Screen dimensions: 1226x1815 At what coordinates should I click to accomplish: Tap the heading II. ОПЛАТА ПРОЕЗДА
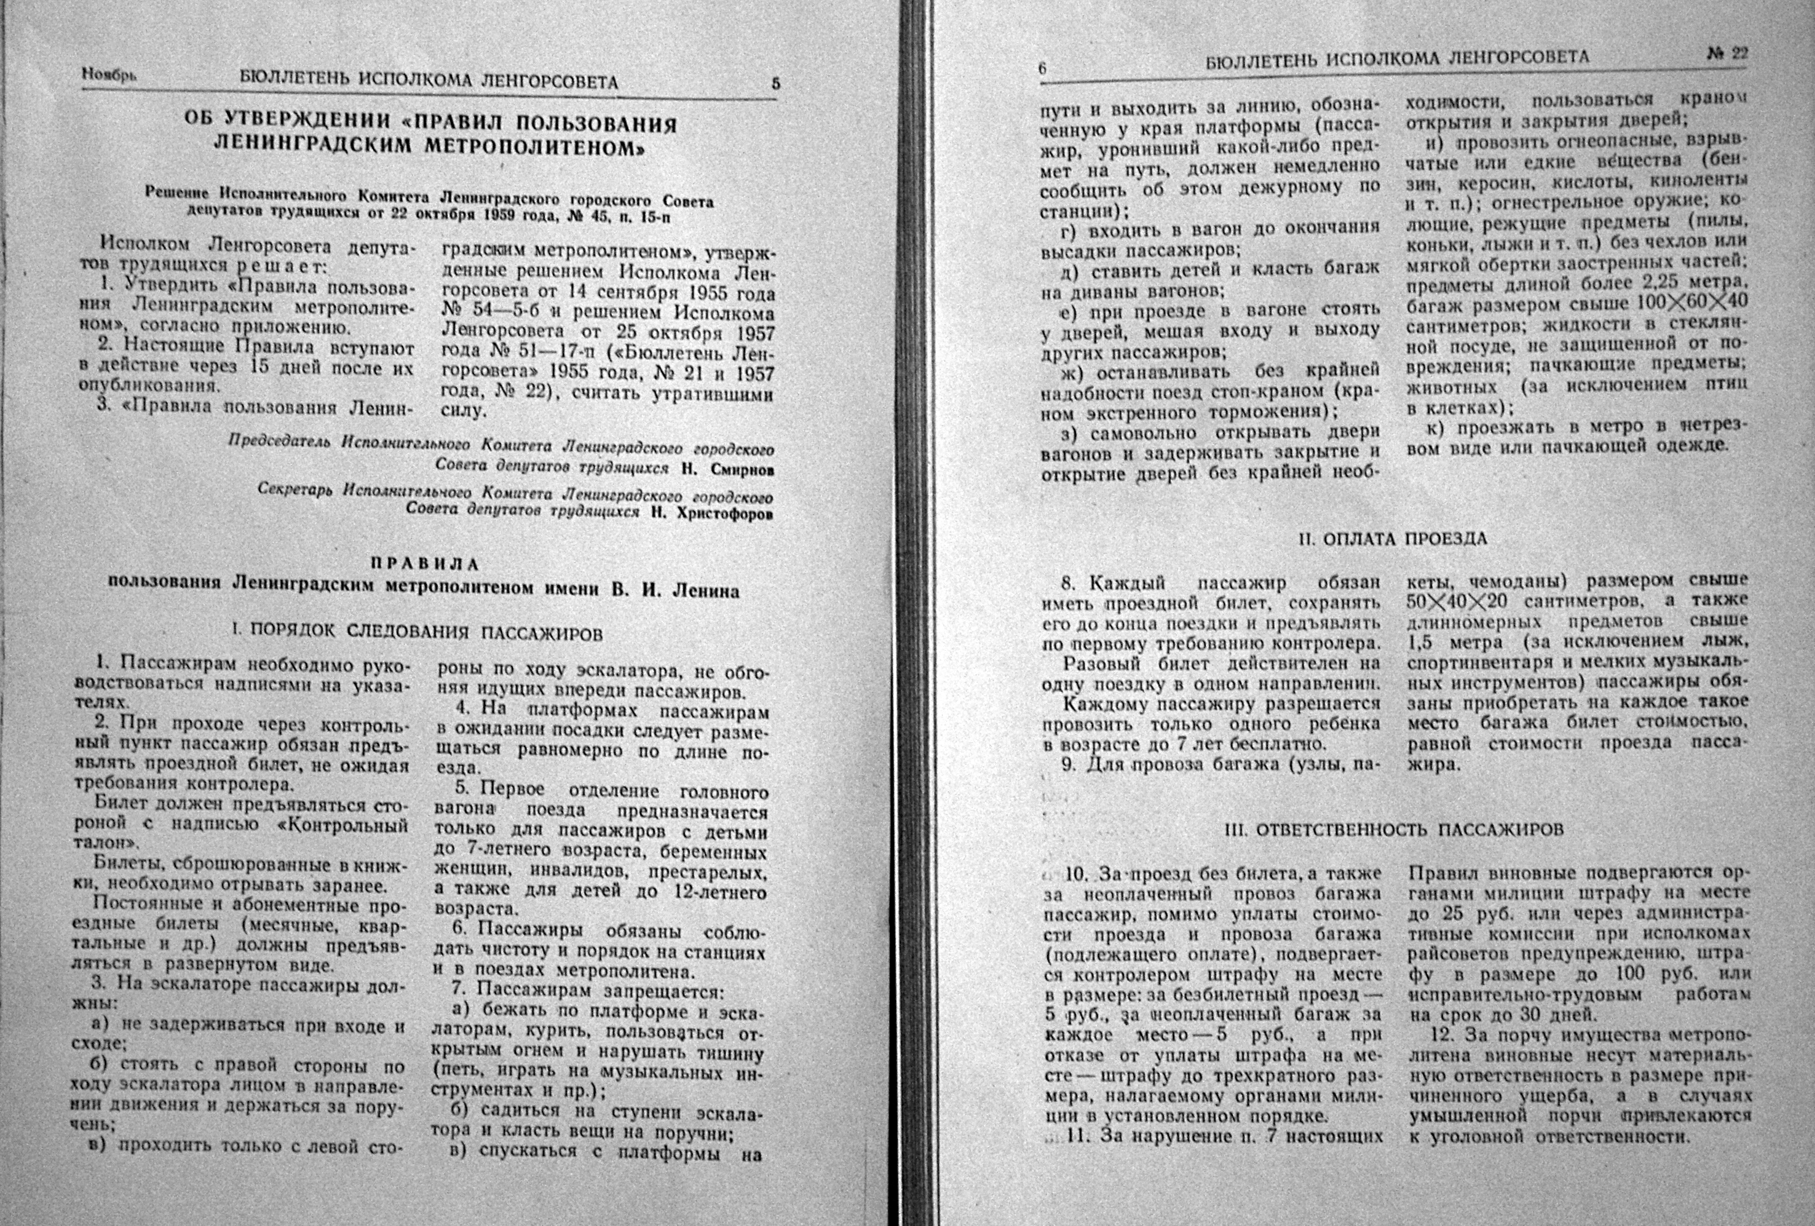tap(1393, 539)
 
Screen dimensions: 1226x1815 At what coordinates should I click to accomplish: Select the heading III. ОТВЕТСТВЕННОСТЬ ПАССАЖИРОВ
tap(1393, 830)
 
